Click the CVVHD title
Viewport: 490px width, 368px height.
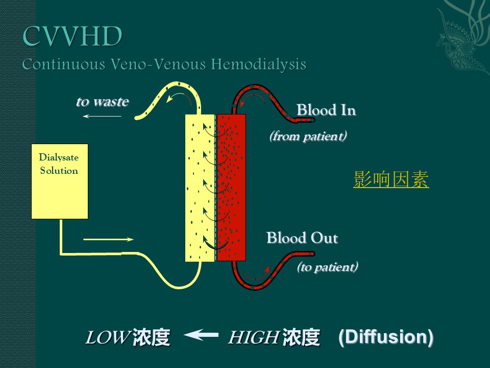click(x=72, y=37)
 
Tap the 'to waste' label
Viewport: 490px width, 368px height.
click(x=102, y=101)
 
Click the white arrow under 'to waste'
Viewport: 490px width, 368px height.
click(x=102, y=117)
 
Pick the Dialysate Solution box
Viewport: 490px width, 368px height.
click(x=59, y=181)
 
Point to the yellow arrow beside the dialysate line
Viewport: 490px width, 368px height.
click(x=108, y=239)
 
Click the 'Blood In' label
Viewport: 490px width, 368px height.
click(x=326, y=110)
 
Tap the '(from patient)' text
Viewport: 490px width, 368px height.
click(x=308, y=136)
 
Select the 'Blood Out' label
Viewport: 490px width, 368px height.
click(x=302, y=238)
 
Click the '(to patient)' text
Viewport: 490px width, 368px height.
click(x=327, y=267)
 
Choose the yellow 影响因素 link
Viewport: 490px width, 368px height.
click(x=391, y=180)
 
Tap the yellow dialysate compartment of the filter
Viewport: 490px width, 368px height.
click(x=200, y=187)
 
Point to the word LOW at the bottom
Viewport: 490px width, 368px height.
click(x=106, y=338)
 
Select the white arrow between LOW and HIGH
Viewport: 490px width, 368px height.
click(x=201, y=335)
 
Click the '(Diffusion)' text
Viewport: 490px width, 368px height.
click(x=386, y=337)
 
